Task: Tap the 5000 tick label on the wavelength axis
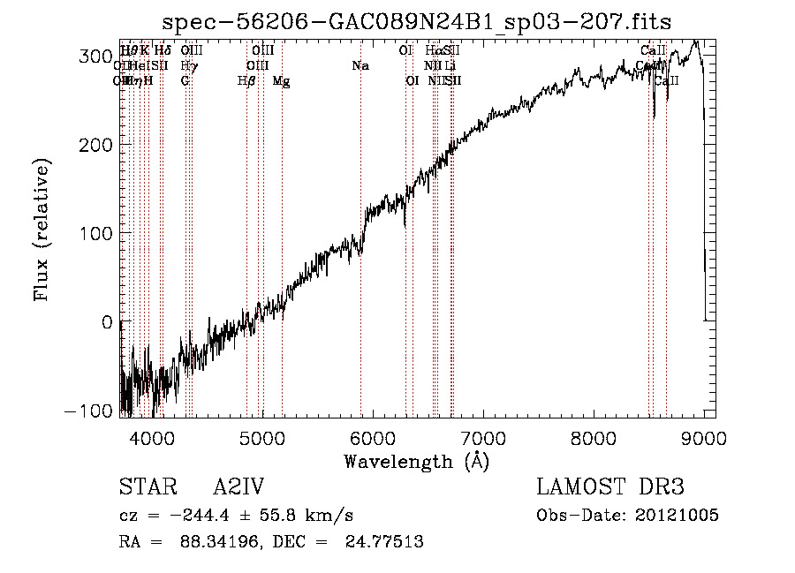tap(262, 438)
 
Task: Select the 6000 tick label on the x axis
tap(373, 438)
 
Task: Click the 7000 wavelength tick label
tap(483, 438)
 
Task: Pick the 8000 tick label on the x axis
tap(594, 438)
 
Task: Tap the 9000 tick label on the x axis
tap(704, 438)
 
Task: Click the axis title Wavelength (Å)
tap(416, 462)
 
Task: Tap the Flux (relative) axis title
tap(42, 230)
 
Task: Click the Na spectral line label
tap(360, 66)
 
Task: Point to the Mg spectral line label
tap(281, 81)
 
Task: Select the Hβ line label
tap(246, 81)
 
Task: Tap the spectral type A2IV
tap(238, 488)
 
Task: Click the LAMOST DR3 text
tap(609, 488)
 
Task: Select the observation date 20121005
tap(677, 516)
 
